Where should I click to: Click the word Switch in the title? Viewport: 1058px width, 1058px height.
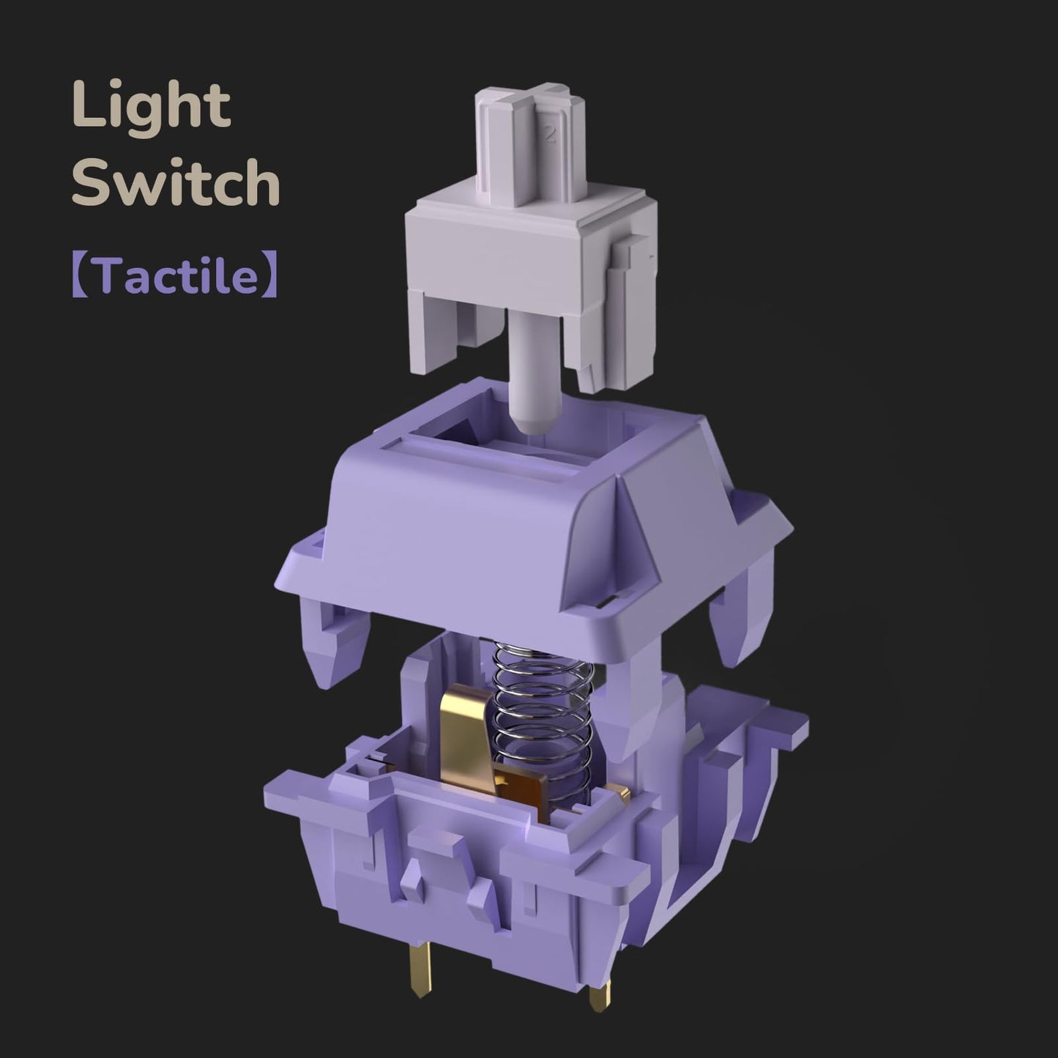[x=176, y=182]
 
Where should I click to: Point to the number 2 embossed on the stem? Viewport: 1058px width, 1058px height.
[x=550, y=134]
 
